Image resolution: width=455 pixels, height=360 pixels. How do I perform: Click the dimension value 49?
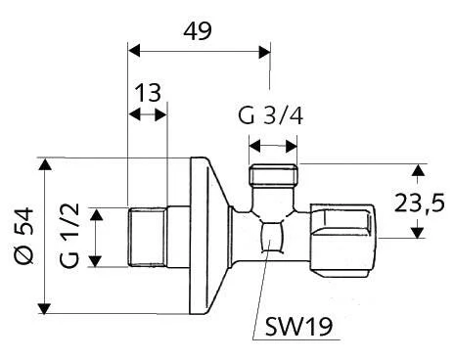pyautogui.click(x=198, y=31)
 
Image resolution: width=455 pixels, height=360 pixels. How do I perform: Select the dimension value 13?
pyautogui.click(x=148, y=93)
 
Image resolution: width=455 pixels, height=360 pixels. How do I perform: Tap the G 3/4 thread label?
pyautogui.click(x=271, y=115)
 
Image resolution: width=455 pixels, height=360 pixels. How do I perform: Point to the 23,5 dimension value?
pyautogui.click(x=419, y=202)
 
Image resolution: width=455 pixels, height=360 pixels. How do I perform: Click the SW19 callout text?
pyautogui.click(x=298, y=326)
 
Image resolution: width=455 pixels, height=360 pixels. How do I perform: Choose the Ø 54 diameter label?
pyautogui.click(x=24, y=236)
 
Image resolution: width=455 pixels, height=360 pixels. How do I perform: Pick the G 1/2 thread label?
pyautogui.click(x=69, y=236)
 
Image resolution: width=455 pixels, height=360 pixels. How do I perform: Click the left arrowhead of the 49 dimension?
pyautogui.click(x=134, y=52)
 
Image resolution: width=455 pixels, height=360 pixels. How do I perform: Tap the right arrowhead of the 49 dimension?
pyautogui.click(x=264, y=52)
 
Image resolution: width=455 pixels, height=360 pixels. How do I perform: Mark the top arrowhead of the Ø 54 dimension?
pyautogui.click(x=45, y=163)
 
